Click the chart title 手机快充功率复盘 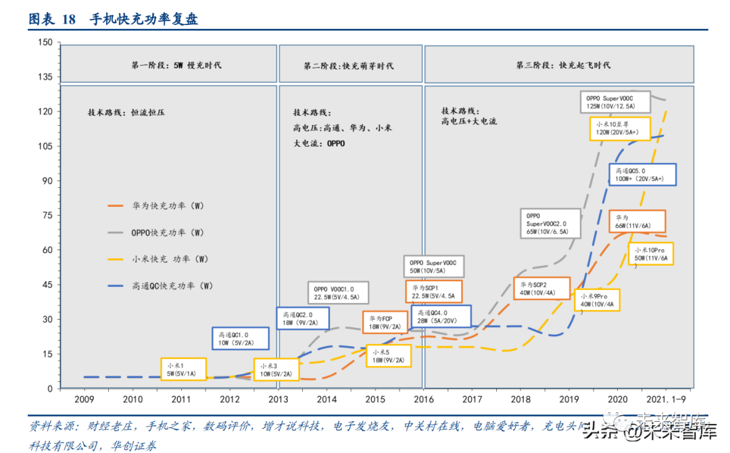tap(143, 19)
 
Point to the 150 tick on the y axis tap(45, 43)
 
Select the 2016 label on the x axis tap(424, 400)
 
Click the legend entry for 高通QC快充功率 tap(172, 286)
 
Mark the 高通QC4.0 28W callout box tap(437, 317)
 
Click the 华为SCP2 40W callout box tap(543, 289)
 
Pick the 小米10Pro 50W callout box tap(651, 254)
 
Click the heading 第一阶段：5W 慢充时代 tap(176, 66)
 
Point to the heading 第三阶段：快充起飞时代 tap(563, 66)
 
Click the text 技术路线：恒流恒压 tap(126, 112)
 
